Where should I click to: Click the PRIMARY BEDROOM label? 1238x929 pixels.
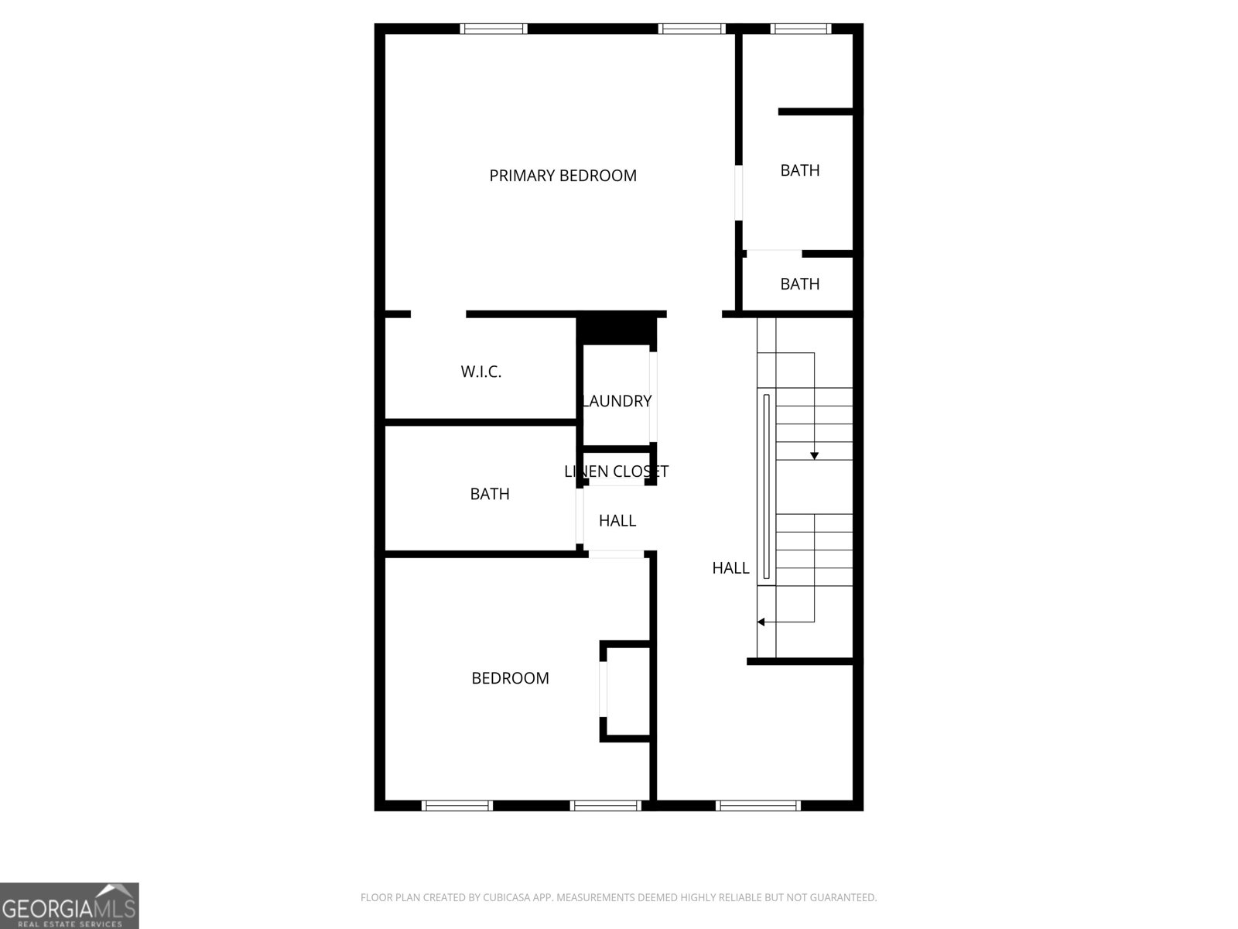pyautogui.click(x=563, y=176)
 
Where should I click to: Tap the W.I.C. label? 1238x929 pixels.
pyautogui.click(x=481, y=372)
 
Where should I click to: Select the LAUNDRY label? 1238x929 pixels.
pyautogui.click(x=617, y=401)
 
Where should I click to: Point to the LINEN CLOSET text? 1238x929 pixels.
pyautogui.click(x=616, y=471)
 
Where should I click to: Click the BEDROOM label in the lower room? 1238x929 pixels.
pyautogui.click(x=510, y=678)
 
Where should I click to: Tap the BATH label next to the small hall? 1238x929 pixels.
pyautogui.click(x=490, y=494)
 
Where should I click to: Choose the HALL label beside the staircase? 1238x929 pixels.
pyautogui.click(x=730, y=568)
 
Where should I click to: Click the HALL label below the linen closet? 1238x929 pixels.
pyautogui.click(x=617, y=521)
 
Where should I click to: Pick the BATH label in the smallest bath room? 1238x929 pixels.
pyautogui.click(x=799, y=284)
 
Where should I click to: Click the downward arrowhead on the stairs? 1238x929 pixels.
pyautogui.click(x=814, y=456)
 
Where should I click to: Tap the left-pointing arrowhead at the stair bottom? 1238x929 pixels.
pyautogui.click(x=761, y=622)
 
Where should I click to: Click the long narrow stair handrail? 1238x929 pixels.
pyautogui.click(x=767, y=486)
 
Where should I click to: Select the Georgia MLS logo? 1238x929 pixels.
pyautogui.click(x=70, y=906)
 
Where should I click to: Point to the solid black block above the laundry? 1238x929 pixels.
pyautogui.click(x=617, y=331)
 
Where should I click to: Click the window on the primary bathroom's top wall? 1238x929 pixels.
pyautogui.click(x=801, y=29)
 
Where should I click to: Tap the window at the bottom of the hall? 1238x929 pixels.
pyautogui.click(x=758, y=806)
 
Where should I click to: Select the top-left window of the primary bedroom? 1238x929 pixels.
pyautogui.click(x=494, y=29)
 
